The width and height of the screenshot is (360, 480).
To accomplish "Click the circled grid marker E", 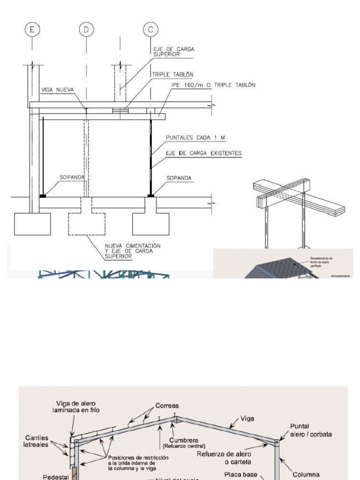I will tap(32, 30).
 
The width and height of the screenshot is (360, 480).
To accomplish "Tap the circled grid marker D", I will tap(86, 30).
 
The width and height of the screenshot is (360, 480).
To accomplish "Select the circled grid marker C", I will tap(150, 30).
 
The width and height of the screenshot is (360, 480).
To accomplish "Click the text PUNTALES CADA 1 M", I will tap(195, 137).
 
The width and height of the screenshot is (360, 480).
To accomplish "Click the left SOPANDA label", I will tap(72, 178).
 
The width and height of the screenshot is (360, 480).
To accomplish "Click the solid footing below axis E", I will tap(32, 224).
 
